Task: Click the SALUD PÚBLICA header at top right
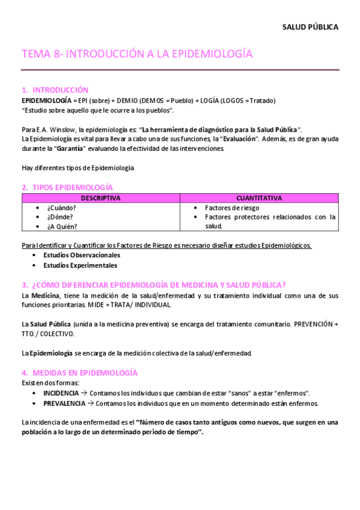310,27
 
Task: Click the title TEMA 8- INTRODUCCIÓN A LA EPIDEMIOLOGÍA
137,54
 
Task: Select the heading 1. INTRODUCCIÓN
55,90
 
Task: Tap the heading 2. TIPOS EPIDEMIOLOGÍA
67,187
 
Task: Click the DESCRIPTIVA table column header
100,198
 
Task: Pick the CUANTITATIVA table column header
259,198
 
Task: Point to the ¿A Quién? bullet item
62,227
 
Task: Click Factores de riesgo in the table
232,207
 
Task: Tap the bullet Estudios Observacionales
82,256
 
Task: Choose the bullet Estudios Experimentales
81,265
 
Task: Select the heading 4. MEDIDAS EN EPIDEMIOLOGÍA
79,373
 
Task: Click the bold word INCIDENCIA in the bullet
61,393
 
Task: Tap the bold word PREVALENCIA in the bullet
64,403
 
